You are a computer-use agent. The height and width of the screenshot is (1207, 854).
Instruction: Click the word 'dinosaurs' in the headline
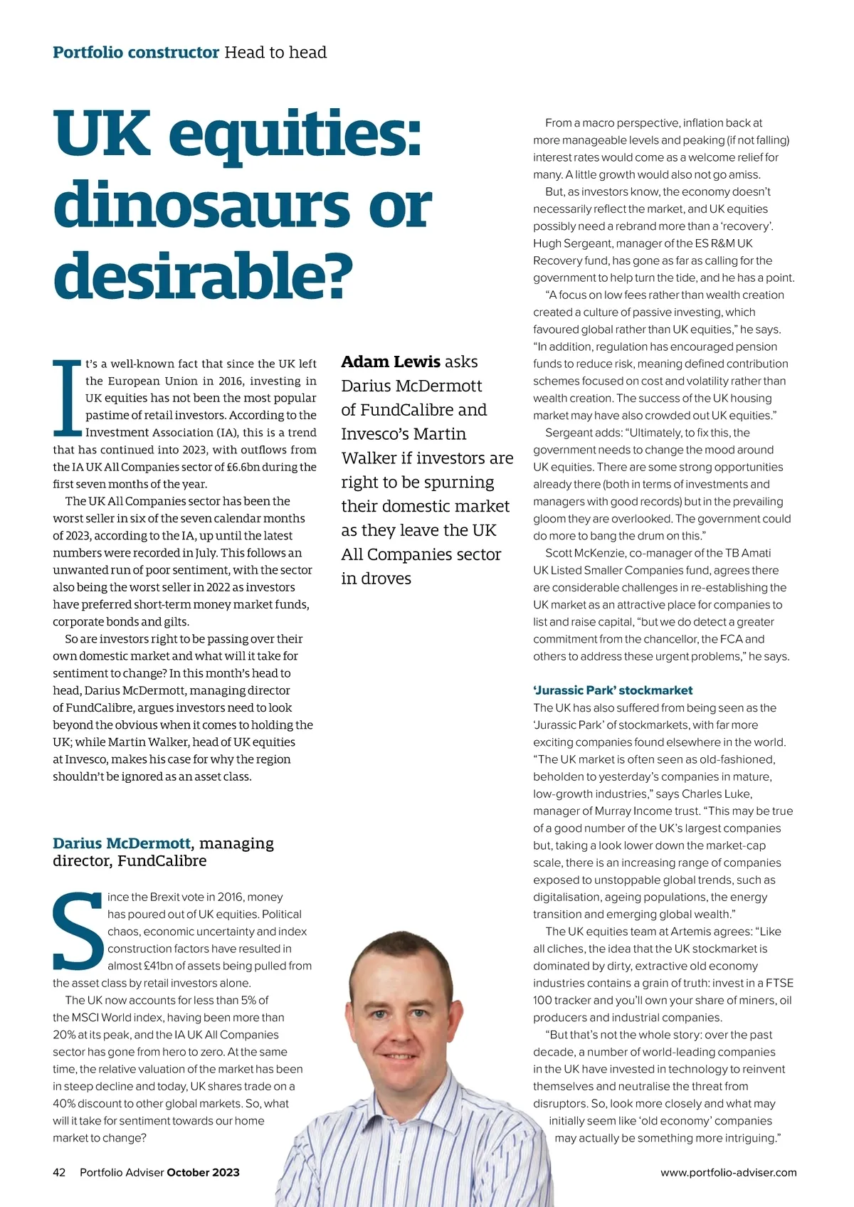coord(201,205)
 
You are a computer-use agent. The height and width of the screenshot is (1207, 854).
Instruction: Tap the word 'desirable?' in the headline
coord(203,275)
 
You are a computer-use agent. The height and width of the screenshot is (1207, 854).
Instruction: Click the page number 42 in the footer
coord(59,1172)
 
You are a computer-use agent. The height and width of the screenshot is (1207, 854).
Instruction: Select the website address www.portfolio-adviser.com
coord(728,1172)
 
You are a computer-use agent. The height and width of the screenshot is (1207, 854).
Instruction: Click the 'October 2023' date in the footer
coord(203,1172)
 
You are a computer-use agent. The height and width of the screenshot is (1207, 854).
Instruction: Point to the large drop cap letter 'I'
coord(68,399)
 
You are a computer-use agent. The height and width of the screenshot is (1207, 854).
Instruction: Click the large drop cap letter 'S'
coord(78,932)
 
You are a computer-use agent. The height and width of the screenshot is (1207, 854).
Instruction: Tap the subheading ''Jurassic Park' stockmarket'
coord(613,690)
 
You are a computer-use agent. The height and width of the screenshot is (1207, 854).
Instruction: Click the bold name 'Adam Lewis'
coord(391,362)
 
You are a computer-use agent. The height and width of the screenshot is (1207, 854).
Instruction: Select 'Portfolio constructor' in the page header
coord(136,52)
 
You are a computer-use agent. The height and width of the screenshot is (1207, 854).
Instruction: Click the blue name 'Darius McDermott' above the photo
coord(122,843)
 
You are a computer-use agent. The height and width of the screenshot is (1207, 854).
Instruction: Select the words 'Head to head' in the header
coord(275,52)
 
